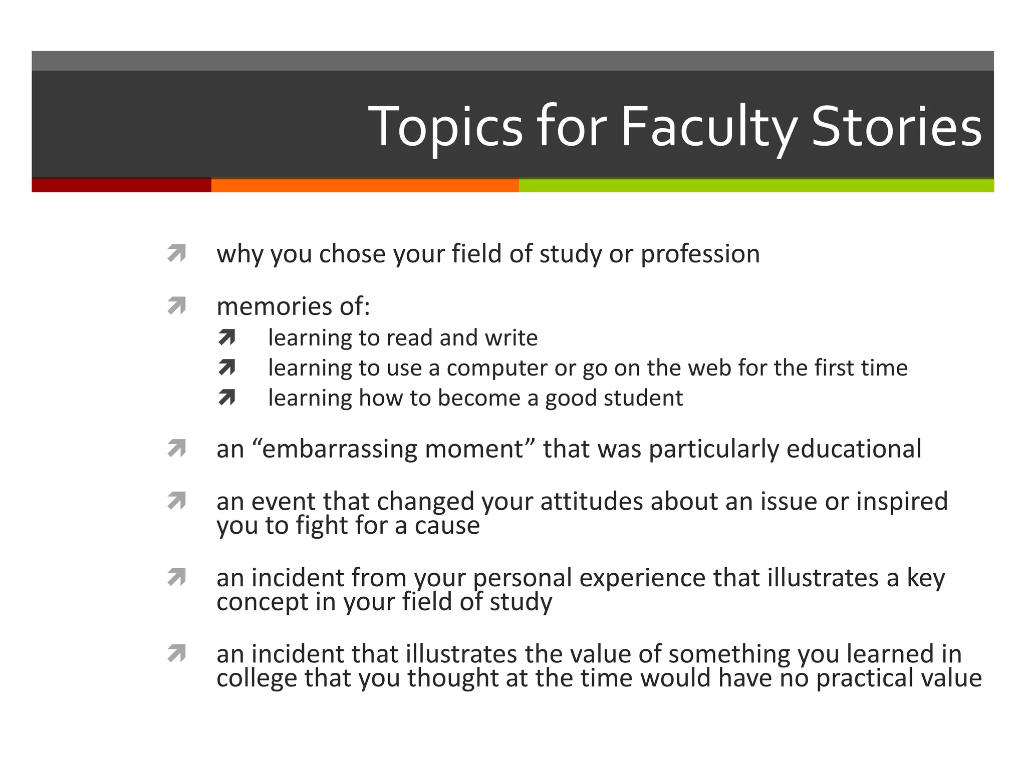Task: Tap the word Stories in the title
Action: (896, 127)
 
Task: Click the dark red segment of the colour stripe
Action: (121, 185)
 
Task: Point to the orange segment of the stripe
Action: (365, 185)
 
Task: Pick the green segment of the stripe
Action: (755, 185)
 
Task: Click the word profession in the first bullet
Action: (700, 254)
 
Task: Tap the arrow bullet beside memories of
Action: (177, 305)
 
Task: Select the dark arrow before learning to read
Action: (227, 338)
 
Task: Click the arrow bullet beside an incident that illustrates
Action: (177, 653)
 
